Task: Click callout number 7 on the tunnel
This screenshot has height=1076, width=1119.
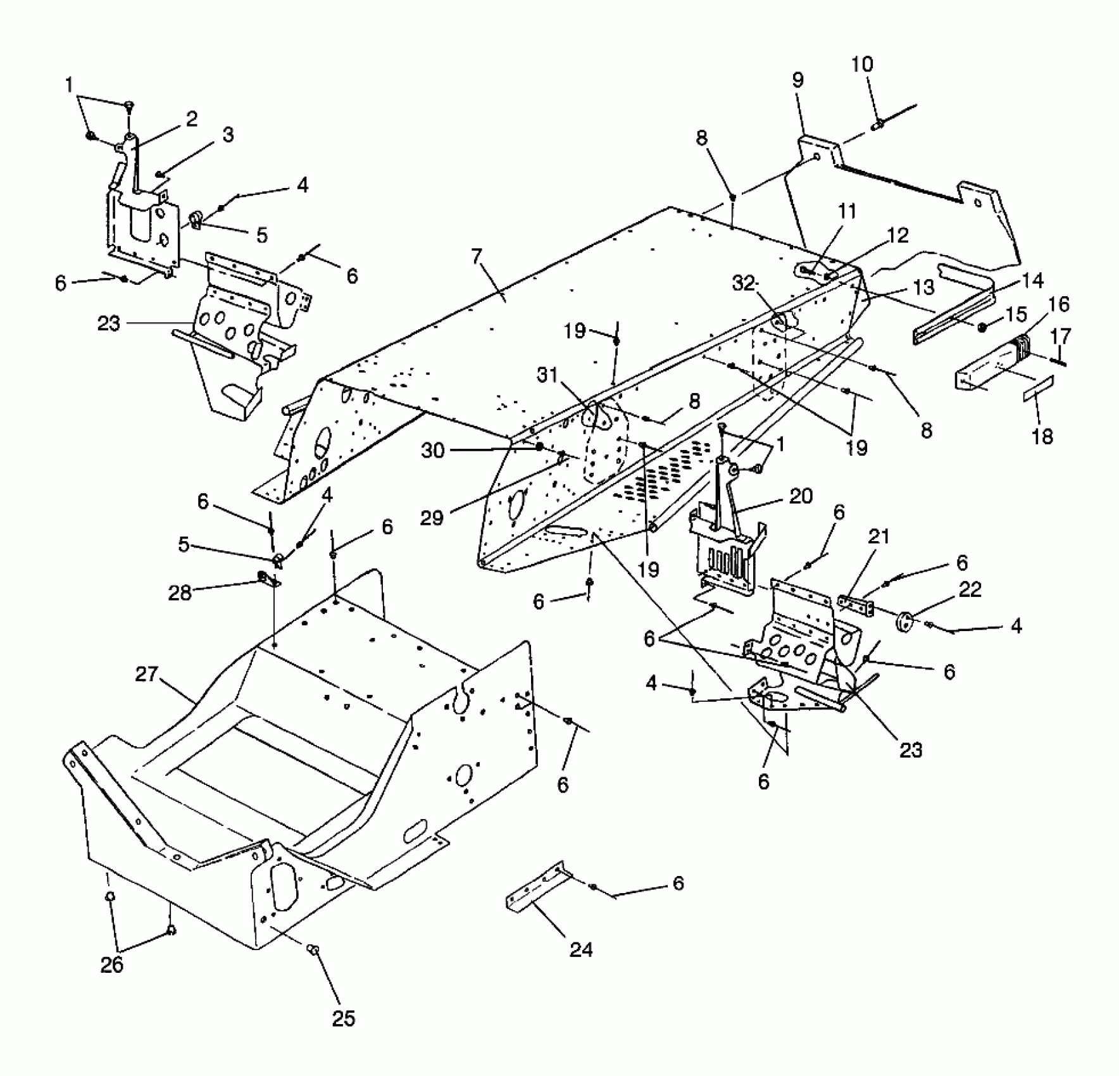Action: coord(476,256)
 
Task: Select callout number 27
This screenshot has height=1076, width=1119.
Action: coord(146,675)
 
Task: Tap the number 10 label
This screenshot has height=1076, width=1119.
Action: coord(862,64)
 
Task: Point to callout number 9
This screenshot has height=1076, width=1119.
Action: coord(797,80)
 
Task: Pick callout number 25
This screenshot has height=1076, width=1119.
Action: coord(344,1018)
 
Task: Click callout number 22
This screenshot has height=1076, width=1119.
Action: coord(970,589)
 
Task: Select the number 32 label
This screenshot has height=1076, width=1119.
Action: coord(744,284)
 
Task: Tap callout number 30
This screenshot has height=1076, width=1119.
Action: coord(433,451)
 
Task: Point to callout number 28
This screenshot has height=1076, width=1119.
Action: coord(180,594)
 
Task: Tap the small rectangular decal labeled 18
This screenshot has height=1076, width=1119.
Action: coord(1038,387)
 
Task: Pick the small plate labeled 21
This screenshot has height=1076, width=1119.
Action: coord(856,605)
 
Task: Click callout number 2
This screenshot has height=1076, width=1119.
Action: coord(191,118)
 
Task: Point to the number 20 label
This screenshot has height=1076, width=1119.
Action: coord(800,496)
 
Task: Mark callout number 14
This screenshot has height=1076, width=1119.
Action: coord(1033,280)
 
